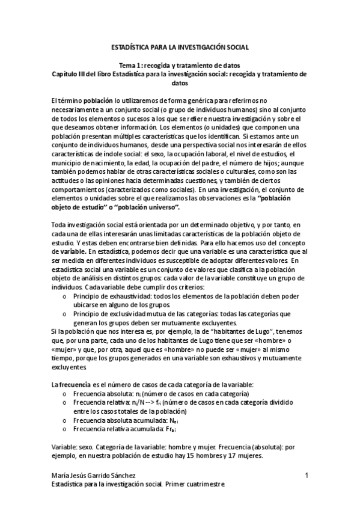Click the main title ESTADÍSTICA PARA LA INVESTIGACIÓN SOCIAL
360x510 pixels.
coord(180,47)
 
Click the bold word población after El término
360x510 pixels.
coord(96,100)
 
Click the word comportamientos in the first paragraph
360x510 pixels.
coord(80,188)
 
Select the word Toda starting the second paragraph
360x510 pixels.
coord(61,224)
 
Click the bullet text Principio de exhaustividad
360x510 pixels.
coord(114,296)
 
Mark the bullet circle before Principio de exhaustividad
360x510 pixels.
coord(65,296)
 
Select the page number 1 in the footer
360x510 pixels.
coord(307,475)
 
